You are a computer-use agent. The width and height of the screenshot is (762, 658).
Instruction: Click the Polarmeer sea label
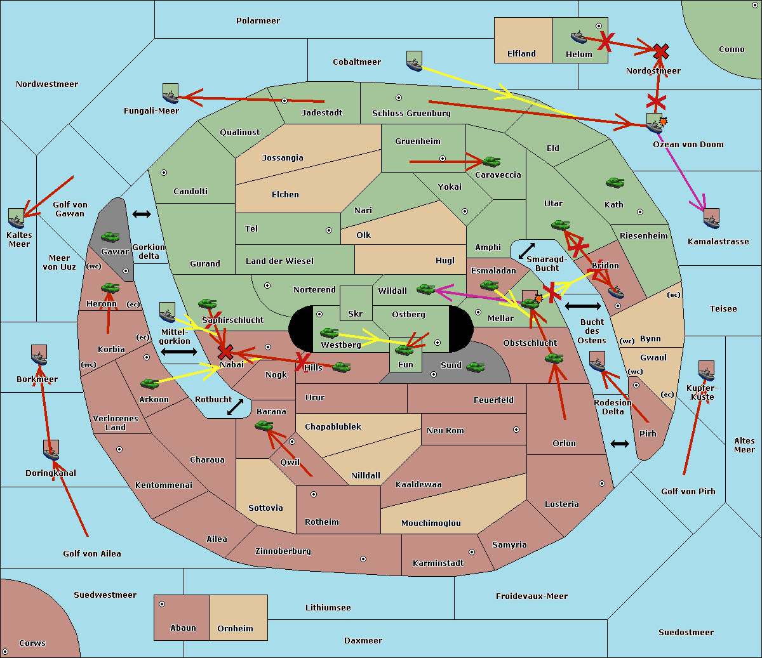click(x=258, y=21)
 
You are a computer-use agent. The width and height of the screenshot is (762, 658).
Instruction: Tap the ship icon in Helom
click(x=578, y=37)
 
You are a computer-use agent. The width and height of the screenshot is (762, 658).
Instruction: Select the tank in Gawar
click(x=110, y=237)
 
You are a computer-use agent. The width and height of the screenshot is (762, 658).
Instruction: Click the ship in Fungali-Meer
click(x=170, y=93)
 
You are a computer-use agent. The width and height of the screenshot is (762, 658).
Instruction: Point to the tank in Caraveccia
click(x=491, y=161)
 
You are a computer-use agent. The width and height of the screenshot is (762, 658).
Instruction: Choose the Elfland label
click(x=521, y=53)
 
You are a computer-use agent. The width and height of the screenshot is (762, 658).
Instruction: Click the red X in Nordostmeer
click(x=661, y=51)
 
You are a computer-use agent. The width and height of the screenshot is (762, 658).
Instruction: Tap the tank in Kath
click(x=615, y=182)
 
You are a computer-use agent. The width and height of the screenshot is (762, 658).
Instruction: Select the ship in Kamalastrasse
click(x=711, y=218)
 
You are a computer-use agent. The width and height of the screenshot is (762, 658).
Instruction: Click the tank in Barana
click(x=264, y=426)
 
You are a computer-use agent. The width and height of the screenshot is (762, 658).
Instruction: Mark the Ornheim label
click(x=235, y=628)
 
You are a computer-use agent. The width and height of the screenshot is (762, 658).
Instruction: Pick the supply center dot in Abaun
click(x=162, y=604)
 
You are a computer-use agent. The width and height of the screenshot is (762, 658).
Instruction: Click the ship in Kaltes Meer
click(x=17, y=218)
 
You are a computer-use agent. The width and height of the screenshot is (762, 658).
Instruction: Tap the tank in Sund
click(x=475, y=367)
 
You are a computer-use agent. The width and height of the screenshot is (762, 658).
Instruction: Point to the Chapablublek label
click(x=333, y=426)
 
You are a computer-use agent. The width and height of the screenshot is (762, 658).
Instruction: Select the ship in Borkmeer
click(x=39, y=355)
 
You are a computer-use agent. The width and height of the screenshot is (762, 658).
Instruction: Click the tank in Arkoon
click(x=150, y=383)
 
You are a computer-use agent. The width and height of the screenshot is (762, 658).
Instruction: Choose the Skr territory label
click(x=355, y=313)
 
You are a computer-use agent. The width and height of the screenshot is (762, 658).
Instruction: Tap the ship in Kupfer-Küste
click(x=706, y=371)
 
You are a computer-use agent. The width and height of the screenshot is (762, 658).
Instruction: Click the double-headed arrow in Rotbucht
click(x=235, y=407)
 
